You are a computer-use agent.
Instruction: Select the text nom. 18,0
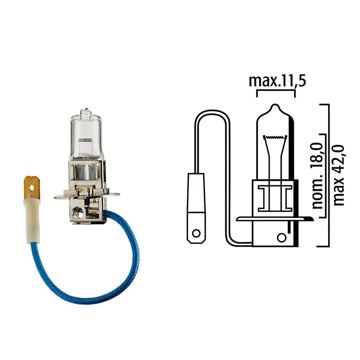pos(318,181)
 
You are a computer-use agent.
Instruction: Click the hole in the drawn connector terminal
pos(196,234)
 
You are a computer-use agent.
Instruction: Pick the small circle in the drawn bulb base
pos(281,237)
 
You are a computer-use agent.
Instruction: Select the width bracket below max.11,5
pos(275,91)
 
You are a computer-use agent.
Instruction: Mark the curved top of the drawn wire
pos(212,113)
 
